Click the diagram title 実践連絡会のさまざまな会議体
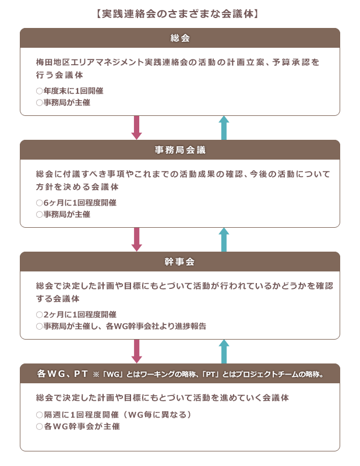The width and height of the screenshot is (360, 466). [178, 14]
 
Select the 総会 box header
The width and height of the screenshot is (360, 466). [180, 38]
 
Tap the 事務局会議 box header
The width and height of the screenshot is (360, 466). [180, 150]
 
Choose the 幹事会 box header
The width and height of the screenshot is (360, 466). [180, 262]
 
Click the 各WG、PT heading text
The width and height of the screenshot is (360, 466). [62, 373]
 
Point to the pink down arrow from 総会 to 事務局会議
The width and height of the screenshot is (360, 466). [136, 128]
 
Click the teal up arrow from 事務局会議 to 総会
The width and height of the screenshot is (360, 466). [224, 128]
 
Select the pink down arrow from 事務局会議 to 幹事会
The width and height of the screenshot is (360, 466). [136, 239]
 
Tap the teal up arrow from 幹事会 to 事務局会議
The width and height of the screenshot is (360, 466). [224, 239]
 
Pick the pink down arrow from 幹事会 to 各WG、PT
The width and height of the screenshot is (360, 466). [136, 351]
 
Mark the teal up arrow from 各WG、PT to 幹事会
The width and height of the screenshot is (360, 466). [224, 351]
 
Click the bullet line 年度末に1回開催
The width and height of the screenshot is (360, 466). [69, 91]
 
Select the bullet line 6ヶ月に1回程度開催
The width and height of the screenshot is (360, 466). [76, 203]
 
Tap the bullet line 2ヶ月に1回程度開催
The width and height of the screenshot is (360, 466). [76, 315]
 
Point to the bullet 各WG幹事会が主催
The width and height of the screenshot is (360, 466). [78, 426]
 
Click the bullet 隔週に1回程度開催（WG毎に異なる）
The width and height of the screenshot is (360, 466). [113, 415]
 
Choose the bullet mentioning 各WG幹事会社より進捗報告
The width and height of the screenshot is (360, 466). [121, 326]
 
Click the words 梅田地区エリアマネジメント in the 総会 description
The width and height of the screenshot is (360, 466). [90, 62]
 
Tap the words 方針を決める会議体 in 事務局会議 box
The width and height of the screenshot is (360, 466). [77, 186]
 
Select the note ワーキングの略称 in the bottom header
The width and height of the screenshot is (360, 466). [168, 374]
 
